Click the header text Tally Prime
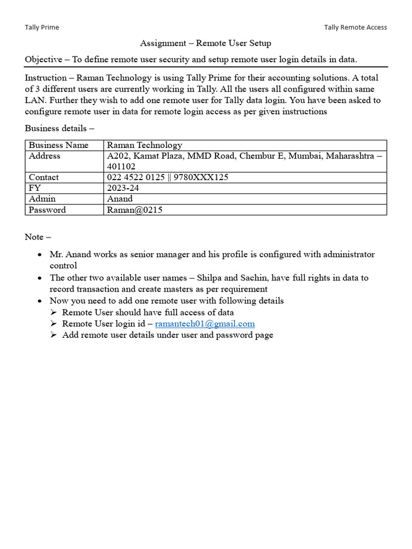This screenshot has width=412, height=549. click(x=42, y=27)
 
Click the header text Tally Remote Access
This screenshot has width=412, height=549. click(x=355, y=27)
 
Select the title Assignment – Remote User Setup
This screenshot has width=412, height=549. click(x=205, y=43)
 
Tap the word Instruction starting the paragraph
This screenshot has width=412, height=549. click(x=47, y=78)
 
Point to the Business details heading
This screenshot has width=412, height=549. click(x=59, y=128)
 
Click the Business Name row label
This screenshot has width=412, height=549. click(x=58, y=145)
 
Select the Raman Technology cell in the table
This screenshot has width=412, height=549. click(x=144, y=145)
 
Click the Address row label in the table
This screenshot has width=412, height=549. click(x=45, y=156)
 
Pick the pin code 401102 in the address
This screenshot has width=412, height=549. click(x=121, y=167)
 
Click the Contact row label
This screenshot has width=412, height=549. click(x=44, y=177)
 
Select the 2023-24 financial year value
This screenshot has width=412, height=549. click(x=123, y=188)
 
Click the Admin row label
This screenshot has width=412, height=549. click(x=42, y=199)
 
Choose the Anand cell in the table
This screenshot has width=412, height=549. click(x=120, y=199)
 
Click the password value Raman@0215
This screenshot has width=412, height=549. click(x=135, y=210)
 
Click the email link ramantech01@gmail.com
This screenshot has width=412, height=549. click(x=205, y=324)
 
